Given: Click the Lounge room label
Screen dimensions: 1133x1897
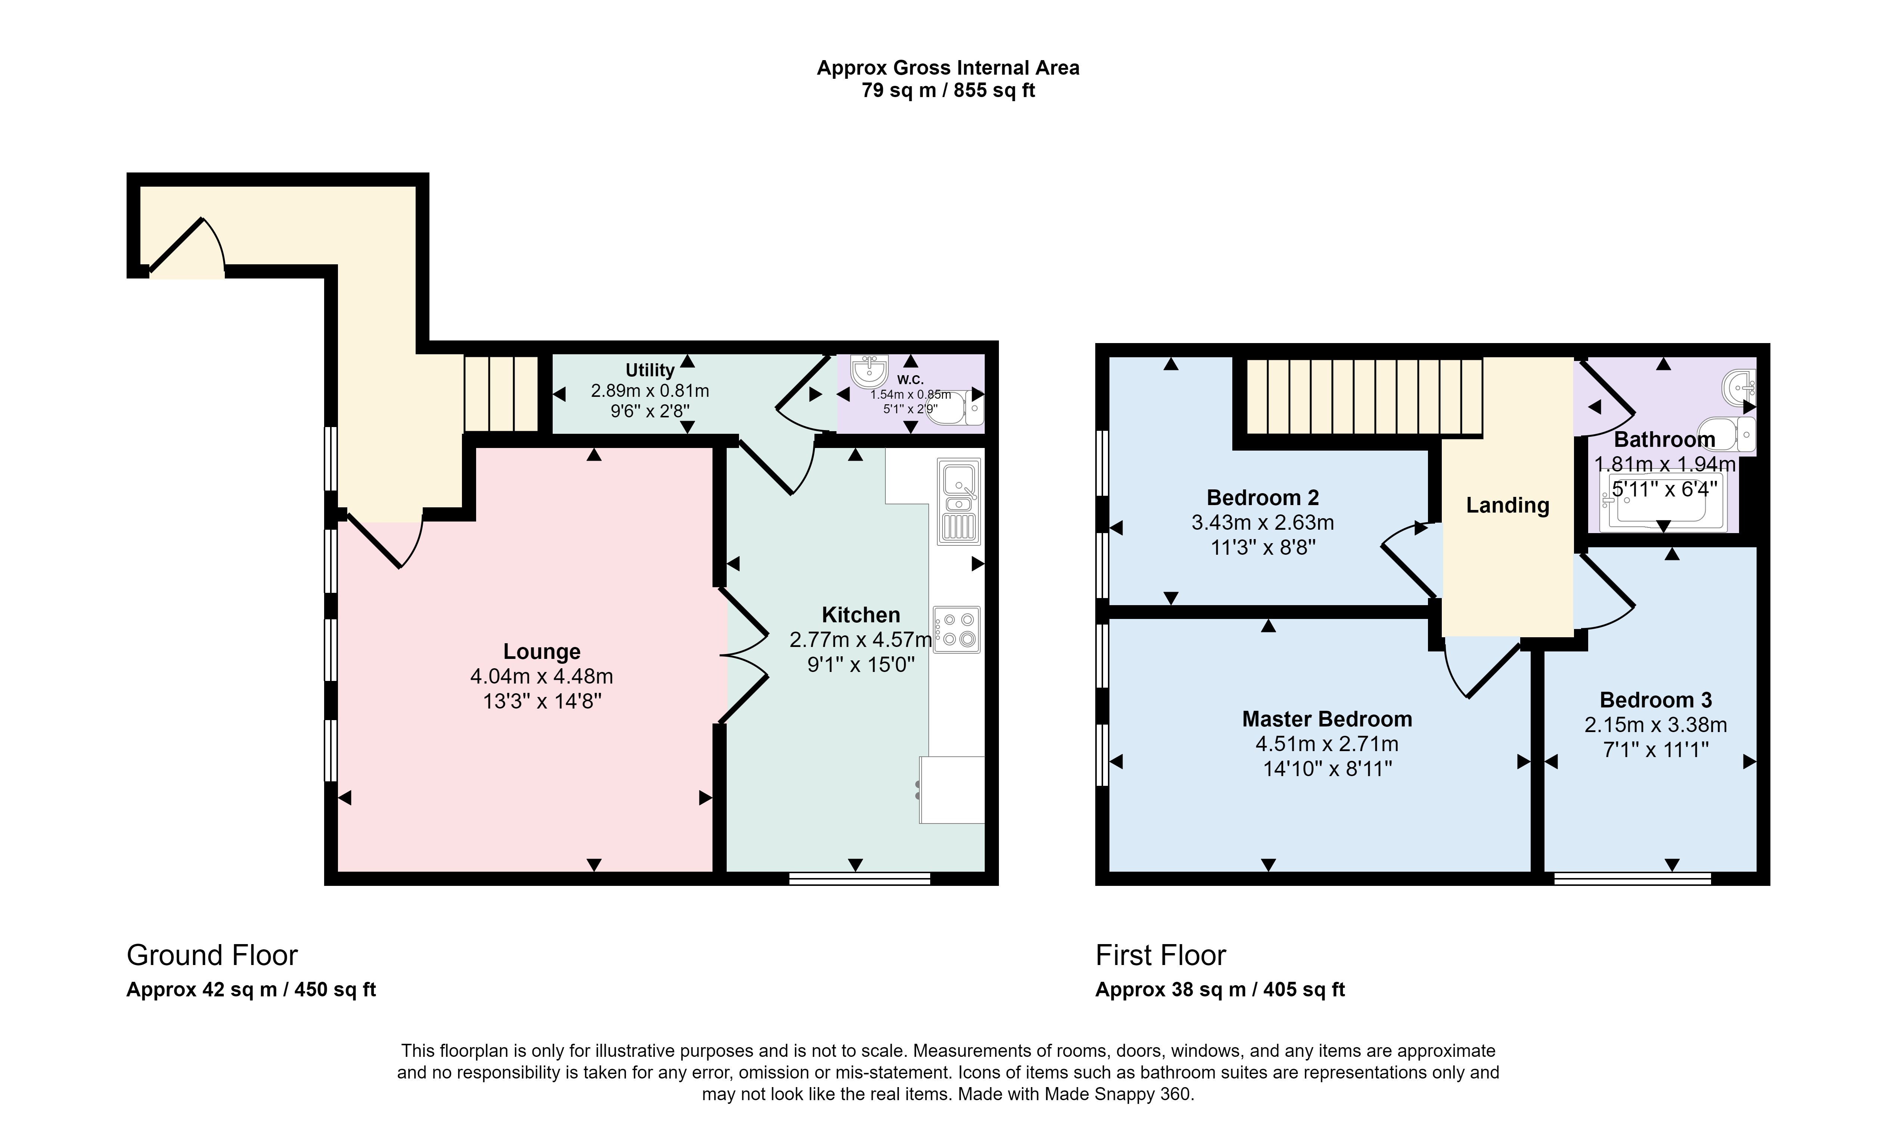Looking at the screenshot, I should (x=541, y=651).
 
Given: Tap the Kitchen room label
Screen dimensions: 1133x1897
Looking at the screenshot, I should (x=861, y=614).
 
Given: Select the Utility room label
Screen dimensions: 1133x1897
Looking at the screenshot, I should (x=650, y=370).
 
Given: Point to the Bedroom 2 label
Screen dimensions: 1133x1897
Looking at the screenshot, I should (x=1263, y=498).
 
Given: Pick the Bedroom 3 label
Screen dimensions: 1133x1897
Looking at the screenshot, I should (x=1656, y=700).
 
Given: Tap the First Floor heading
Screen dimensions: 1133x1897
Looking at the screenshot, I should (x=1160, y=955).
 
